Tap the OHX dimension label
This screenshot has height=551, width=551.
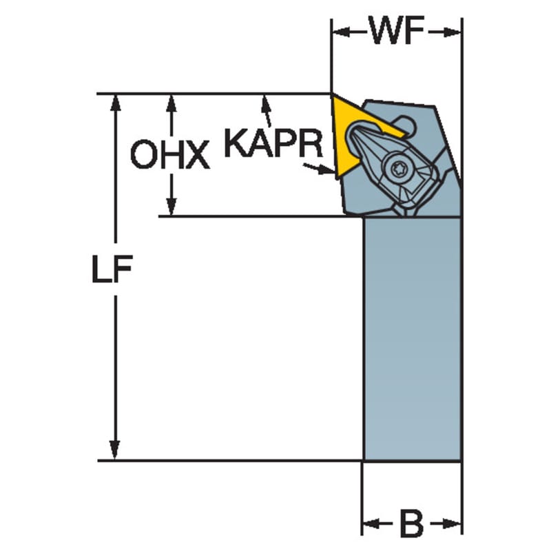click(x=169, y=154)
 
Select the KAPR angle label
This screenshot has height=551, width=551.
click(x=273, y=143)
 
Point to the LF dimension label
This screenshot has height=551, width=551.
click(x=112, y=269)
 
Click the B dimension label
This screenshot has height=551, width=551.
click(x=411, y=525)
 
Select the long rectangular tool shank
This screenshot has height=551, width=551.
click(x=412, y=338)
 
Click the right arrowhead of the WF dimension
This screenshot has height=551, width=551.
click(x=453, y=32)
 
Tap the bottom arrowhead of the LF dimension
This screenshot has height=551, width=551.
click(x=114, y=450)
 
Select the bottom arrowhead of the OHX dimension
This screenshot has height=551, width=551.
click(x=171, y=207)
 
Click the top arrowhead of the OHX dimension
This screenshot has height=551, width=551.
click(x=171, y=104)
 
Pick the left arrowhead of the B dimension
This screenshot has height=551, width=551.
click(x=371, y=524)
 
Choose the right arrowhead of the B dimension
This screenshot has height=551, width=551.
click(x=453, y=524)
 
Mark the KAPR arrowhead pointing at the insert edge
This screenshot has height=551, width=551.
click(x=326, y=170)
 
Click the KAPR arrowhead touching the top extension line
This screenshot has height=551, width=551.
click(x=266, y=103)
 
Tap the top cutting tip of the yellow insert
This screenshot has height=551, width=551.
click(x=332, y=94)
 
